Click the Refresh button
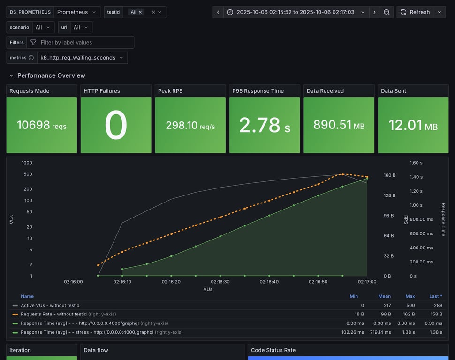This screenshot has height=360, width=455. (x=415, y=12)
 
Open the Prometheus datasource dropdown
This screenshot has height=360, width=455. (x=77, y=12)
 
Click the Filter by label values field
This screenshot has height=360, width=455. (x=80, y=42)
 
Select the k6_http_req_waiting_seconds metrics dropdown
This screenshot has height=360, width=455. (x=82, y=58)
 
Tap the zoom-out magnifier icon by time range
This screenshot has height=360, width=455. (x=387, y=12)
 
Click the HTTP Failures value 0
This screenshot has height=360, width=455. (x=116, y=125)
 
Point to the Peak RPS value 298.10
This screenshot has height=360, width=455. (x=190, y=125)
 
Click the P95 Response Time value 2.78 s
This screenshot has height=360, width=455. (x=264, y=125)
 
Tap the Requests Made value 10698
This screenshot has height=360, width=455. (x=42, y=125)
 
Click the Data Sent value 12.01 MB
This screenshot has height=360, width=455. (x=413, y=125)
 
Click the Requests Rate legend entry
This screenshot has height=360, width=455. (x=53, y=314)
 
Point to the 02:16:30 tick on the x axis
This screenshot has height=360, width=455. (x=220, y=282)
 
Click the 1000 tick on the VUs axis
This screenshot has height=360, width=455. (x=27, y=163)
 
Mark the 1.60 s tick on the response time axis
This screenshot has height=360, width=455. (x=416, y=163)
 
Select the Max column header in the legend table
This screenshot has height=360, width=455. (x=410, y=296)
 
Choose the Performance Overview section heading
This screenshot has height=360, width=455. (x=51, y=75)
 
